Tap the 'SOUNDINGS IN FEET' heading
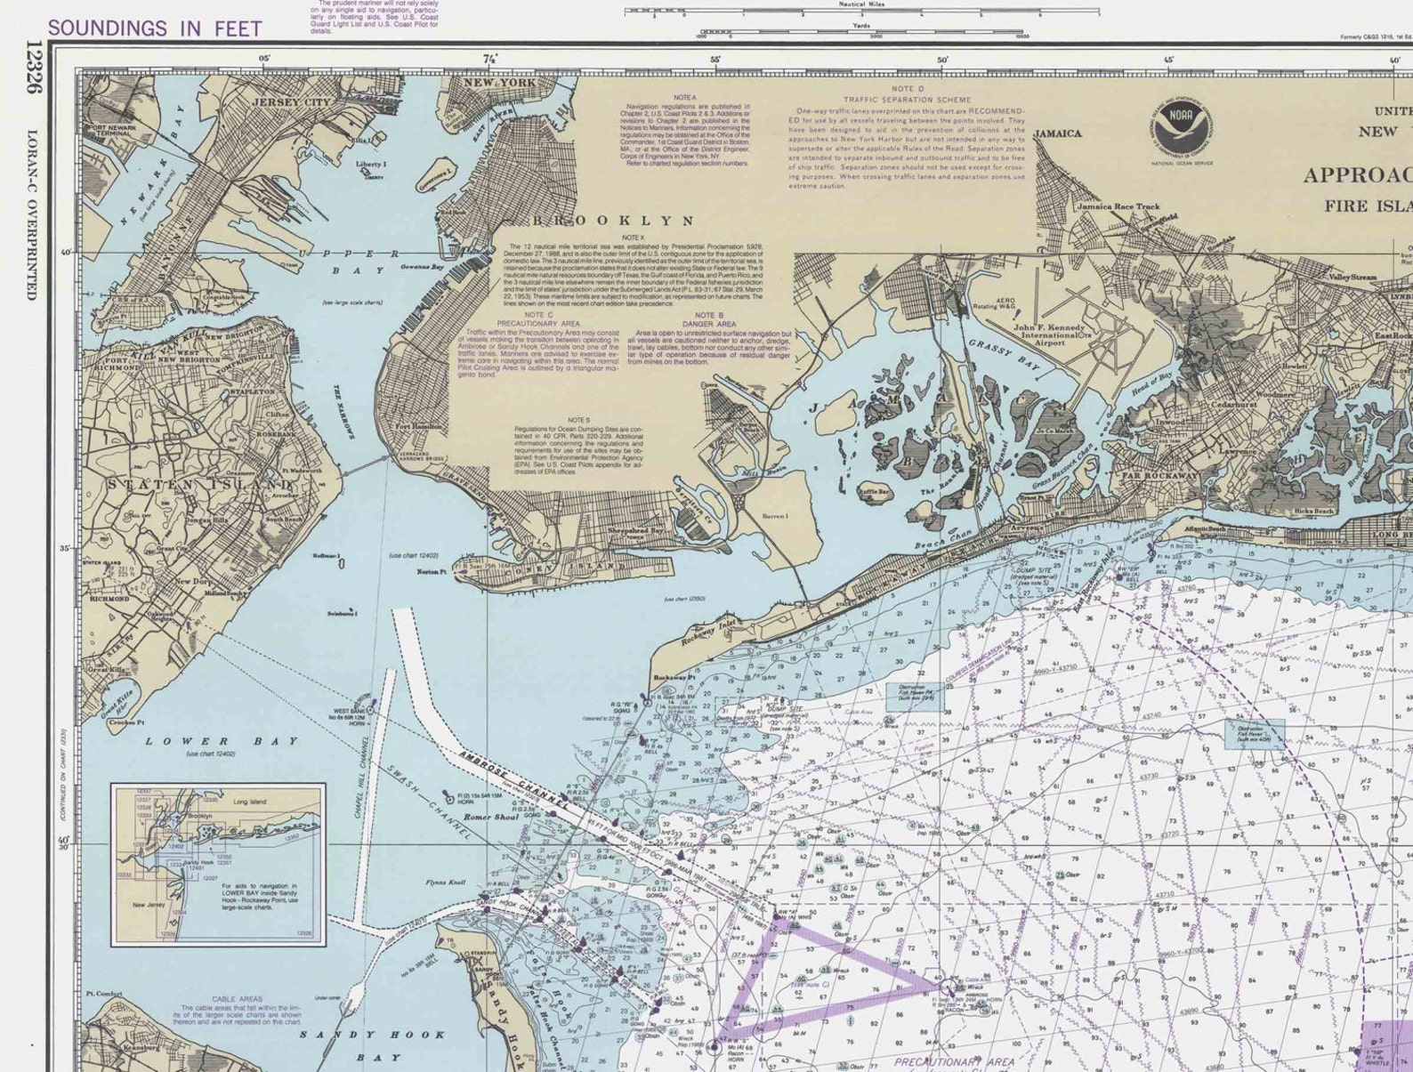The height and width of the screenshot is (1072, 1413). click(155, 28)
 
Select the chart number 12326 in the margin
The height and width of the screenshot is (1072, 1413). click(34, 68)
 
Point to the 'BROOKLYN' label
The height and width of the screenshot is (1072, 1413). click(614, 220)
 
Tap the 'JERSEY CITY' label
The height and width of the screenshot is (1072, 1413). click(290, 102)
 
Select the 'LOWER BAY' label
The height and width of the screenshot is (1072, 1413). click(222, 741)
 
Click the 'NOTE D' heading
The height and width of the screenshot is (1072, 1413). click(908, 89)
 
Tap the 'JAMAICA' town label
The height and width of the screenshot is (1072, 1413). click(1057, 133)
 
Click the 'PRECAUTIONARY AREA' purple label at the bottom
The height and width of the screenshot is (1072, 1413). click(954, 1061)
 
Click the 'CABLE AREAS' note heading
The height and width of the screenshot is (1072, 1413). click(237, 999)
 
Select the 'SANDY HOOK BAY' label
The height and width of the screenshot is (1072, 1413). click(372, 1045)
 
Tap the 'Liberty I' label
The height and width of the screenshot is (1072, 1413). click(370, 165)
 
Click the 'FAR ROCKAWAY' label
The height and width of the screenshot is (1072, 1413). click(1159, 476)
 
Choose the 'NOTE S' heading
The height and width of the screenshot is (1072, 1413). click(578, 420)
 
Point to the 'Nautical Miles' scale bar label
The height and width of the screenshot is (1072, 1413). click(861, 4)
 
